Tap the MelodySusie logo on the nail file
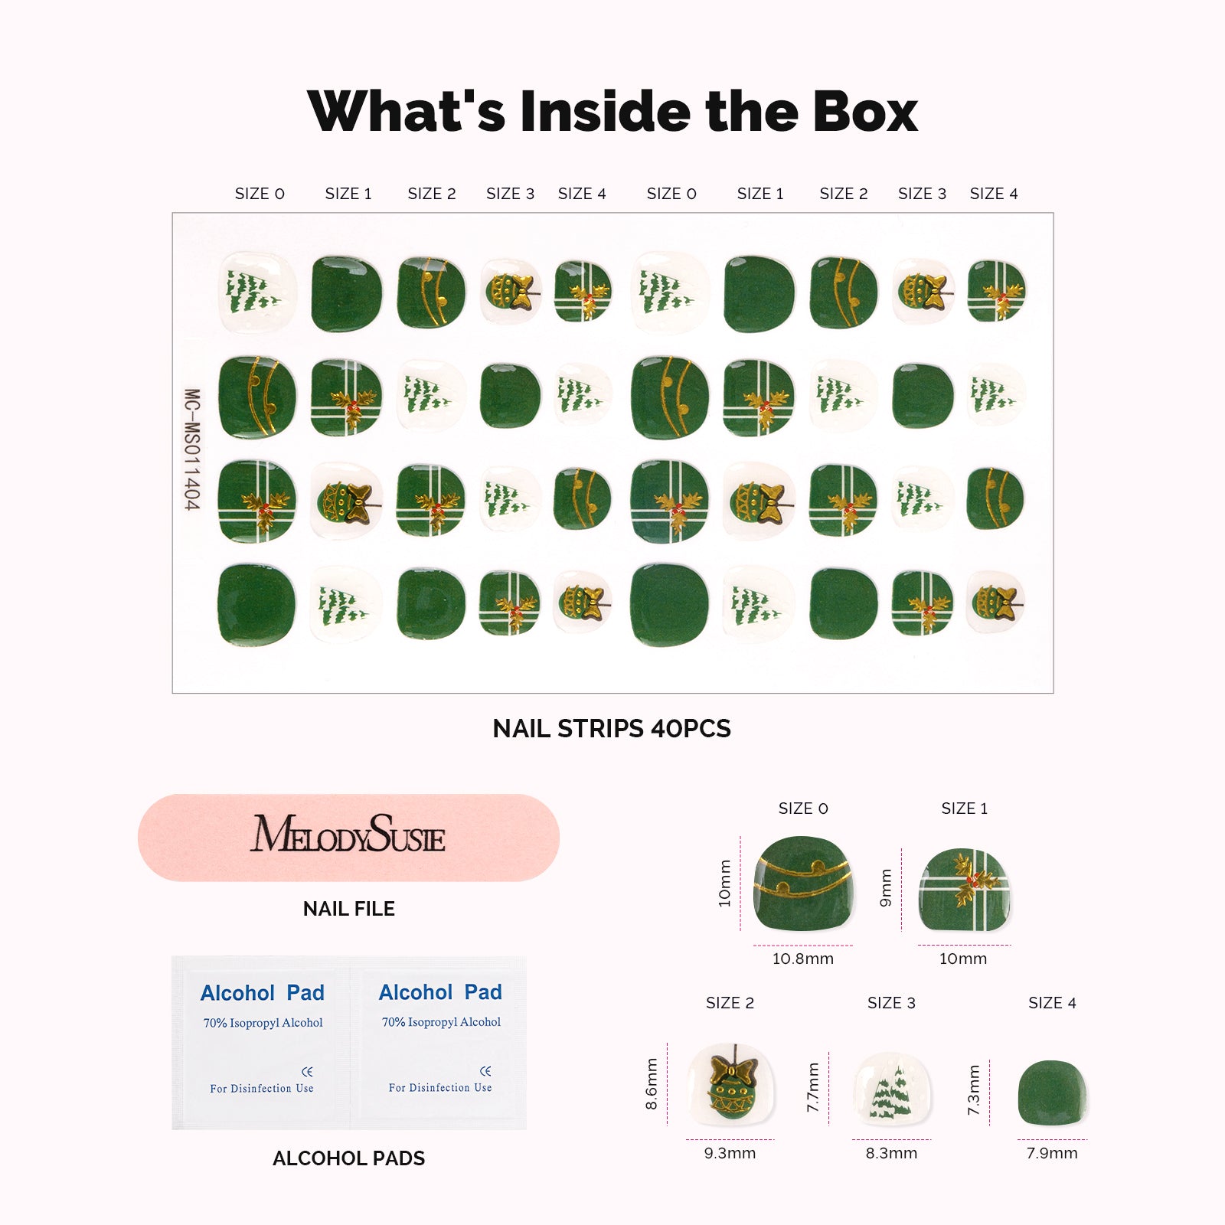[348, 835]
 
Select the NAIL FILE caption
[349, 909]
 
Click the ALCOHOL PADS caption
[348, 1158]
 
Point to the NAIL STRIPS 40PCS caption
[612, 728]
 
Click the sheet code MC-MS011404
[192, 449]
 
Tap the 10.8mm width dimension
[802, 959]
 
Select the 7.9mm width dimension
[1052, 1153]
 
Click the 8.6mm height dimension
[652, 1083]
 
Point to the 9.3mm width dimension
[730, 1153]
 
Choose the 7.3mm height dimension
[974, 1089]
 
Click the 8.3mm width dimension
[891, 1153]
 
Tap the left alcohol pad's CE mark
[307, 1071]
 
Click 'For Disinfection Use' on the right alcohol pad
[440, 1087]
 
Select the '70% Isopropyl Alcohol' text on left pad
[263, 1023]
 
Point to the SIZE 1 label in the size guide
[964, 808]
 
